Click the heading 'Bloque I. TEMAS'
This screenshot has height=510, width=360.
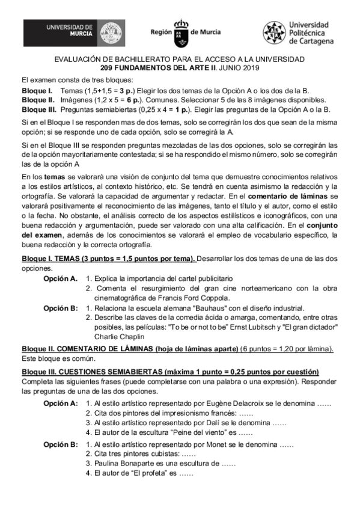[x=67, y=259]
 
